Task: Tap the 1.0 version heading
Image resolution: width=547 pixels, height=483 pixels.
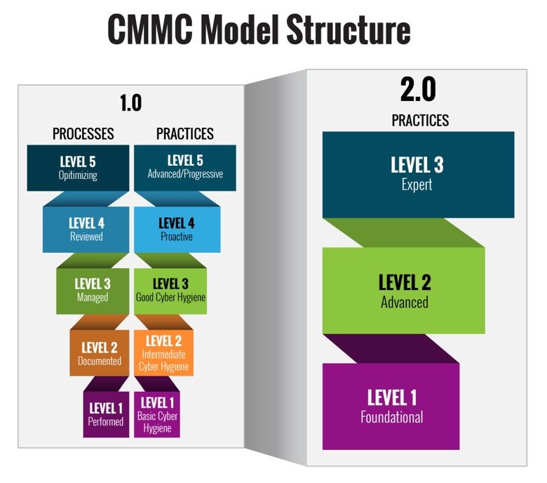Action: click(130, 103)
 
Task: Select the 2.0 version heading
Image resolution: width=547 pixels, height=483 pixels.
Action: click(418, 90)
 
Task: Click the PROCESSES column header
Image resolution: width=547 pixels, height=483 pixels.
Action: click(83, 133)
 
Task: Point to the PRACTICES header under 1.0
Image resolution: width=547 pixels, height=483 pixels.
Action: click(184, 133)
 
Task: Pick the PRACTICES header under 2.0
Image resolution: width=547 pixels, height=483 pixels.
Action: click(420, 121)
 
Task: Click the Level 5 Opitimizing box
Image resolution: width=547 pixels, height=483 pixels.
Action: click(78, 168)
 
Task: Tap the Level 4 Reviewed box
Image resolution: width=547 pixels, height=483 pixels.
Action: click(86, 229)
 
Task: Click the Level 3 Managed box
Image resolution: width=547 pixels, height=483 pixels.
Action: click(92, 290)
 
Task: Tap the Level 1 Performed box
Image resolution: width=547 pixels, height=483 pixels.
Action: click(106, 413)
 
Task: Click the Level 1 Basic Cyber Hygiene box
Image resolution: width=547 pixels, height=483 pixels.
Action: click(158, 413)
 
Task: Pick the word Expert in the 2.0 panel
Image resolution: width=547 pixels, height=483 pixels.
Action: click(417, 185)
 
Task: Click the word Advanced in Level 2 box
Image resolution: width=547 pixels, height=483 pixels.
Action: click(404, 303)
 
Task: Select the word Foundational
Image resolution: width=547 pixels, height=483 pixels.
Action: click(391, 417)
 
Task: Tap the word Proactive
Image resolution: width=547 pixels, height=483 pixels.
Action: click(176, 237)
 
